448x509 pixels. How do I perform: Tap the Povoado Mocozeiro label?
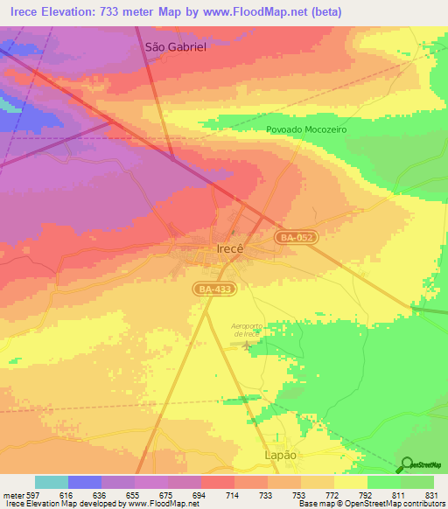click(x=306, y=129)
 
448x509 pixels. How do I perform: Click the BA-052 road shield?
click(x=294, y=237)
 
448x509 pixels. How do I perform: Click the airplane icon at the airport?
click(x=247, y=347)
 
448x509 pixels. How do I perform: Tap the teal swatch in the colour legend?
click(x=52, y=482)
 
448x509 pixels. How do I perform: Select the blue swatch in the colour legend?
click(x=85, y=482)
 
